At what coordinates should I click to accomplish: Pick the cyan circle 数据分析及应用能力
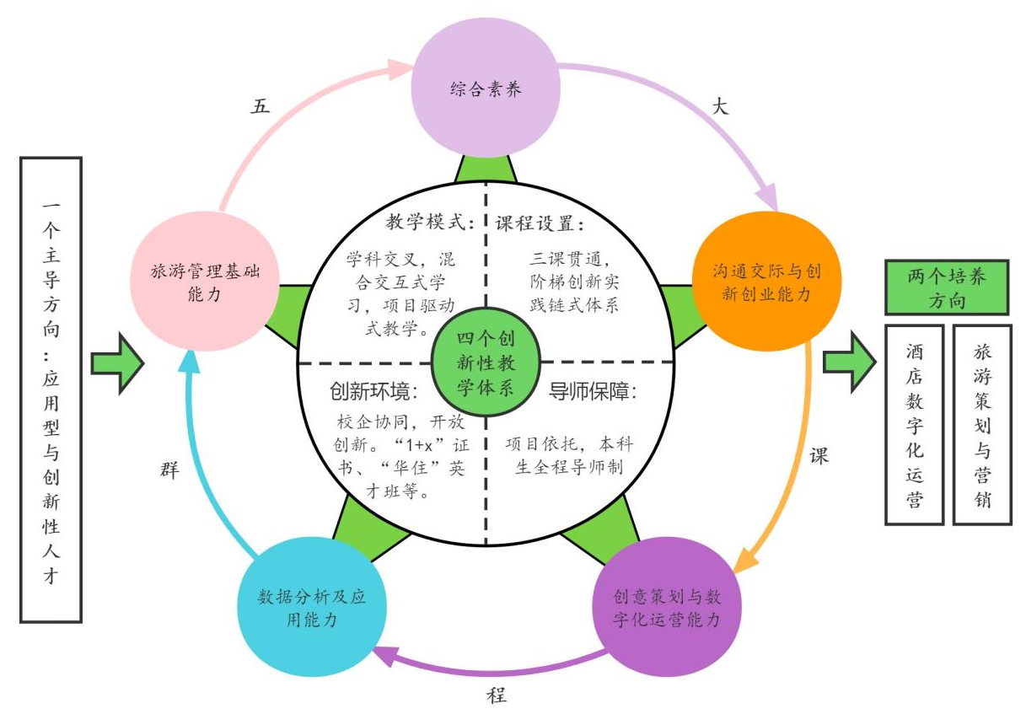click(311, 606)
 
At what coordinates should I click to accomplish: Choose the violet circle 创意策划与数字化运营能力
click(667, 608)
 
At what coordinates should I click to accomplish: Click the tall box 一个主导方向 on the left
click(51, 389)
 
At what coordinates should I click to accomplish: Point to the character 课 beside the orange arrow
click(819, 456)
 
